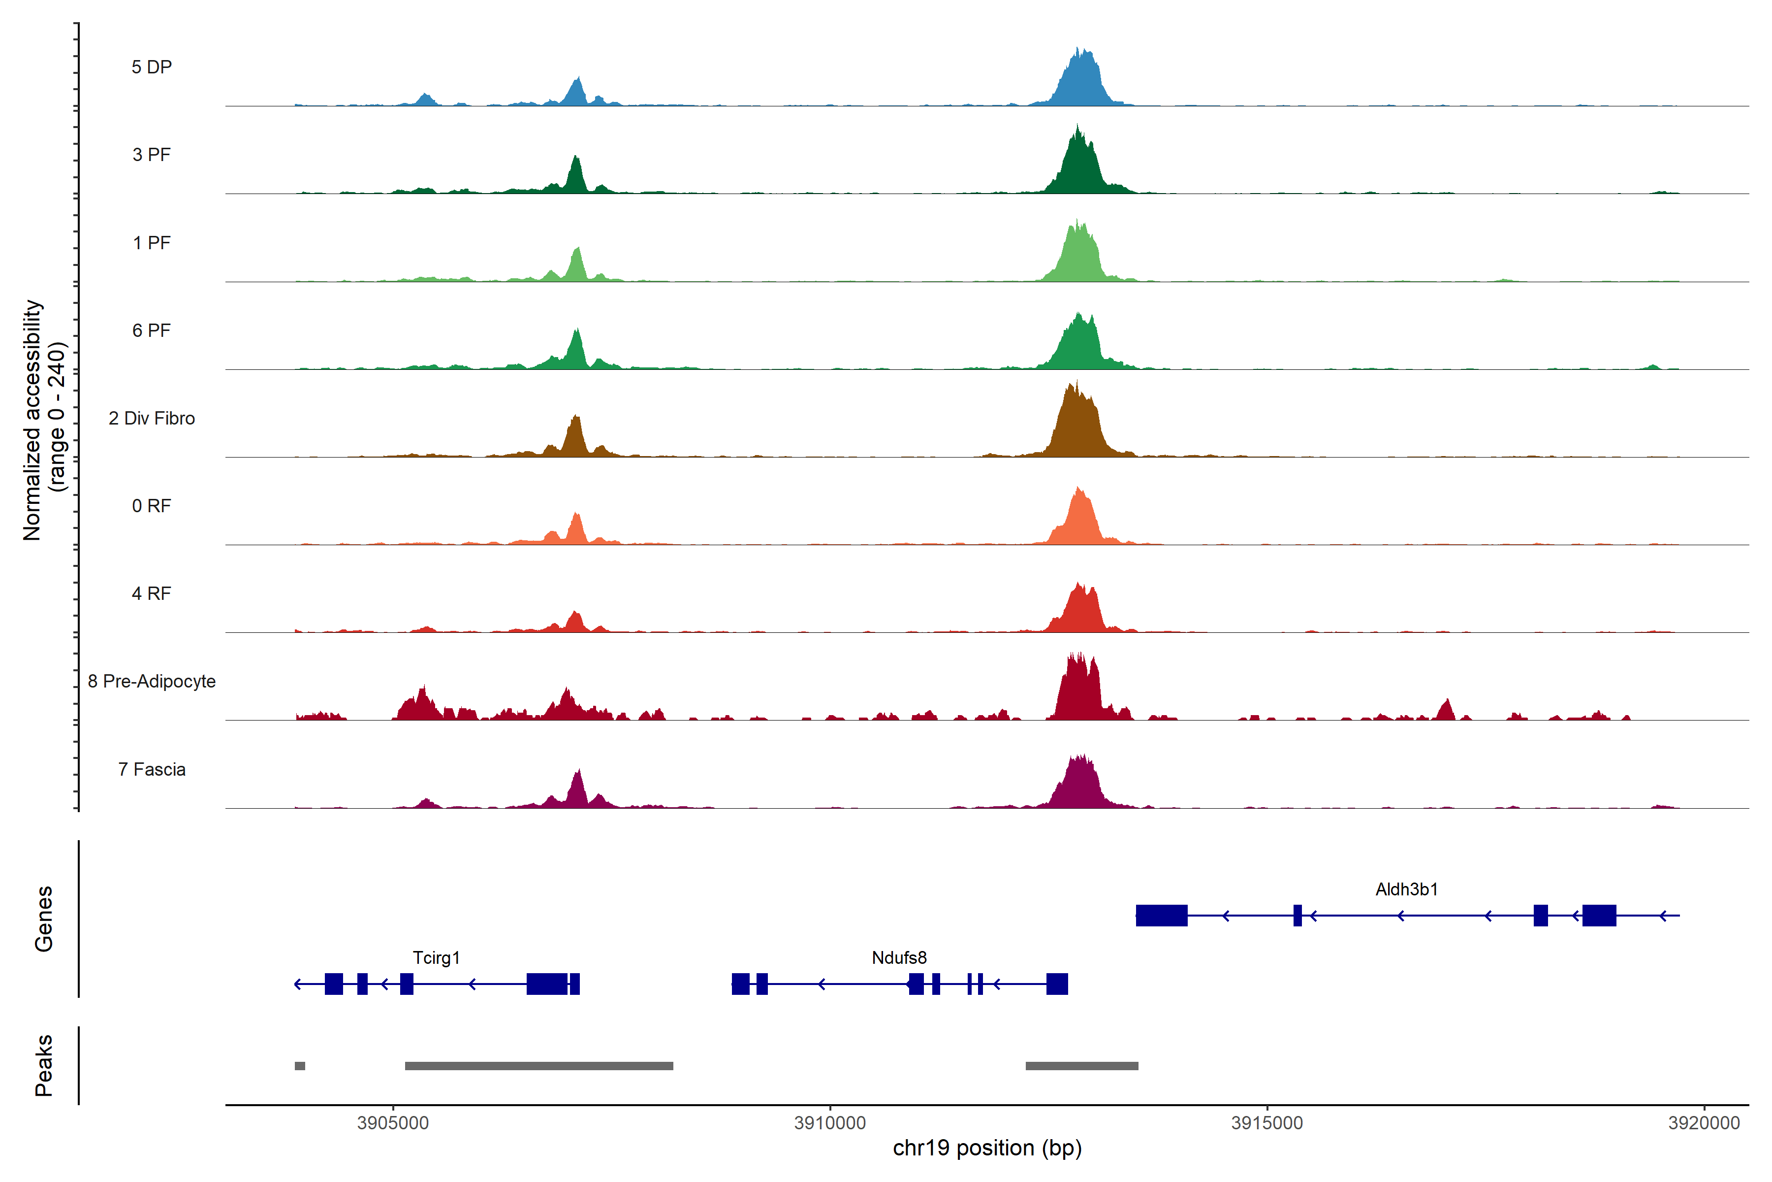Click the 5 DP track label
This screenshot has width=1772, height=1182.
152,67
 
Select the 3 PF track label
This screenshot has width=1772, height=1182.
152,155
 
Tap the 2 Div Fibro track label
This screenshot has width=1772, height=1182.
152,418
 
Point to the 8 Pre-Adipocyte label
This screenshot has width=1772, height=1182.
152,682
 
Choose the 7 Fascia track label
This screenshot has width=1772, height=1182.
152,770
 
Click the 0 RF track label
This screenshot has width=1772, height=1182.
152,506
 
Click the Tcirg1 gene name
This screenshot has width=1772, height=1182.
436,957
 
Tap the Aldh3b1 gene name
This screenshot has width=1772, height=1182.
1407,889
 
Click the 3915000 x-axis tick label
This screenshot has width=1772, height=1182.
1267,1123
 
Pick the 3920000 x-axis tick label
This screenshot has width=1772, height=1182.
1704,1123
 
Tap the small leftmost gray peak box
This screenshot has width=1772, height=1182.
300,1066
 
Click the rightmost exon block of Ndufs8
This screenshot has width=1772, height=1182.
1057,984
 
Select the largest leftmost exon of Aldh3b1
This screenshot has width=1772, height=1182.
1162,915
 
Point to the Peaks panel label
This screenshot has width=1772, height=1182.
44,1065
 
